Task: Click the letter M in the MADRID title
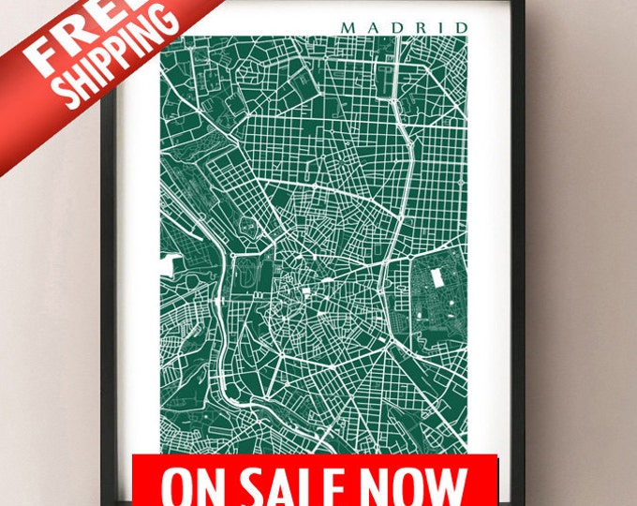[x=348, y=27]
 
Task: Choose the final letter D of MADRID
[x=459, y=27]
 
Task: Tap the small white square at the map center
[x=304, y=292]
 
